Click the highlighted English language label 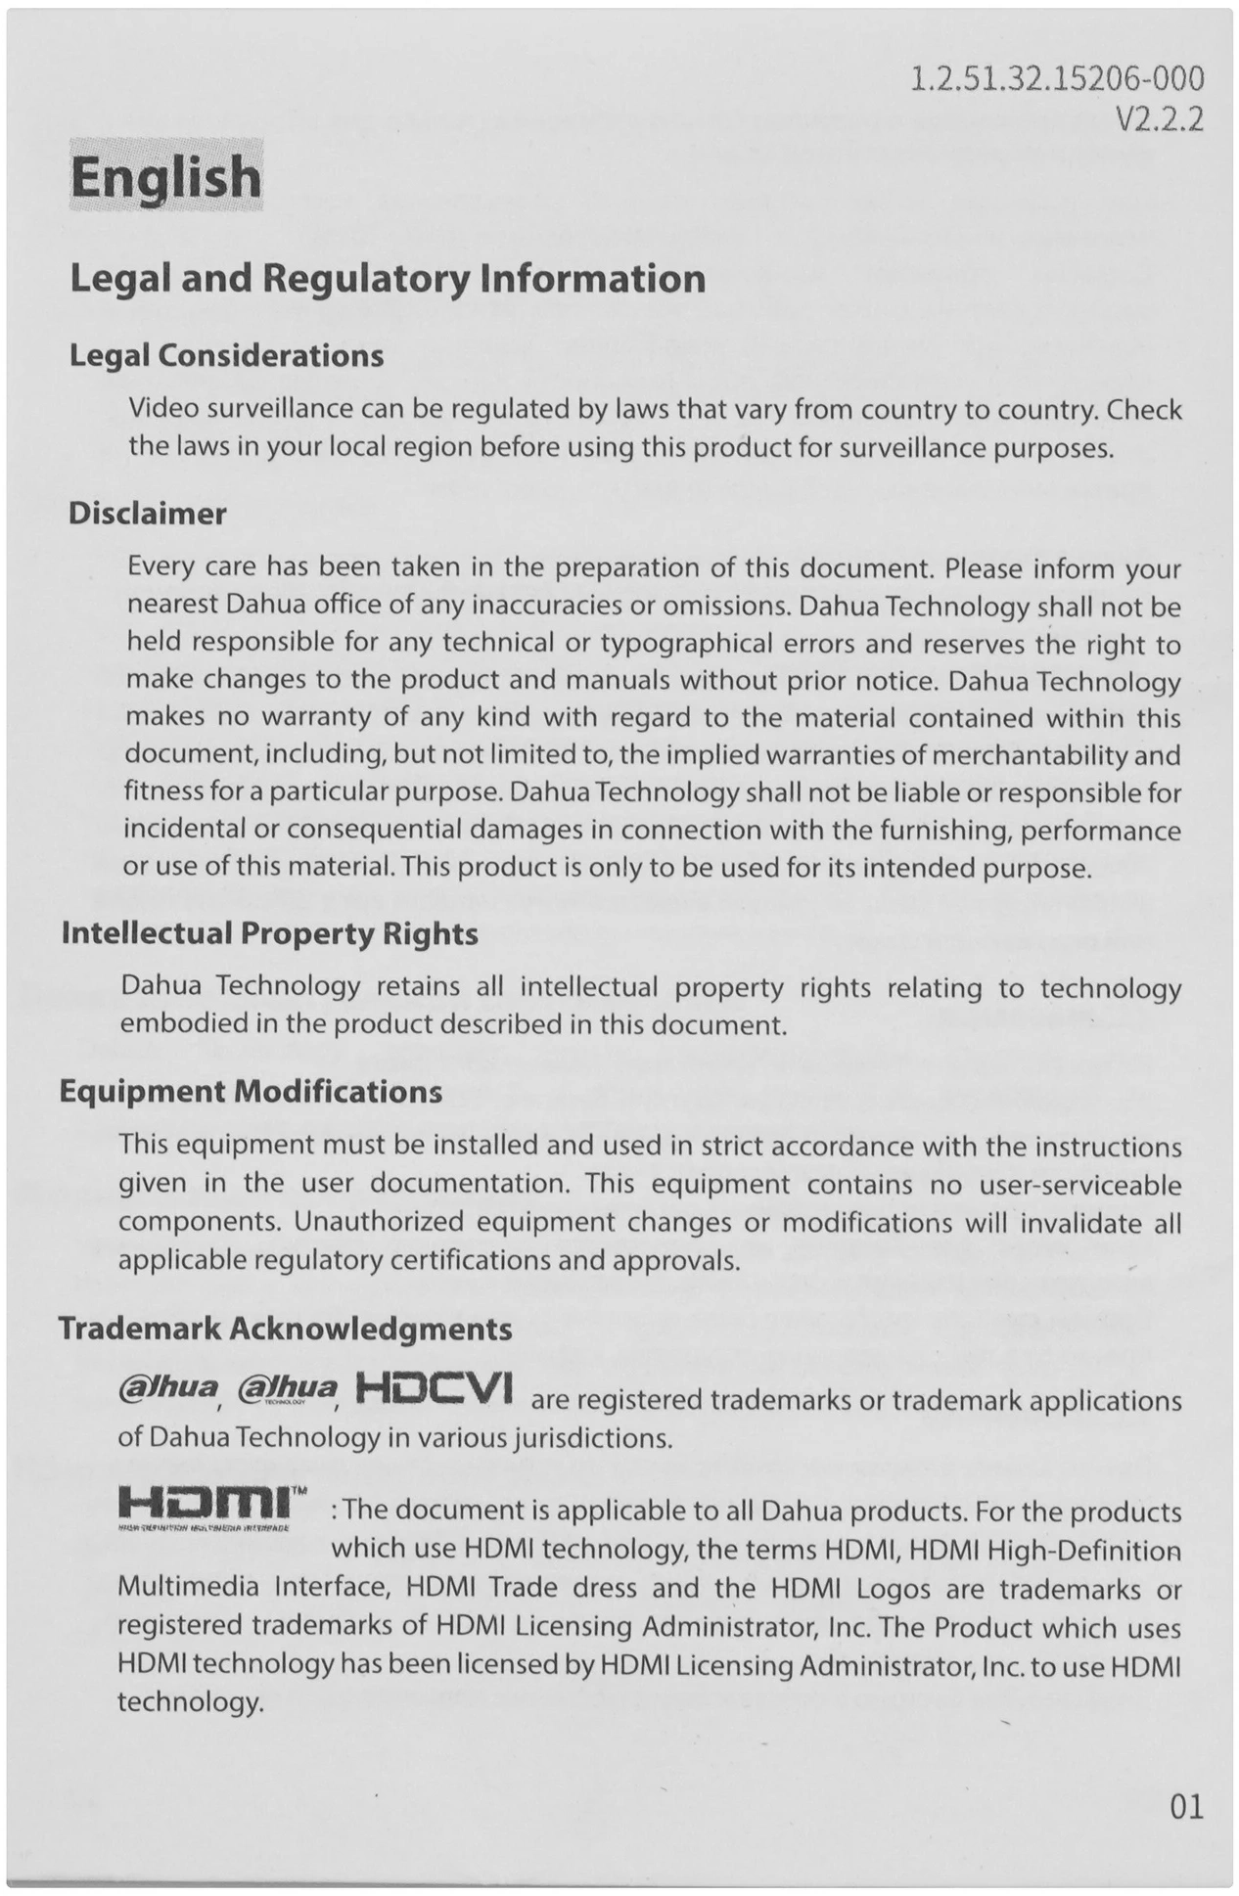[165, 177]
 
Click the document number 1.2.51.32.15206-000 [1056, 78]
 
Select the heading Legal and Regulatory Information [388, 279]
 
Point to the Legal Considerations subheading [226, 355]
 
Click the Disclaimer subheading [147, 514]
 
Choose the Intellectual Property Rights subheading [269, 933]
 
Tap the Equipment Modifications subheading [251, 1091]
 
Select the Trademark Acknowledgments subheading [285, 1329]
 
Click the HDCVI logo [435, 1389]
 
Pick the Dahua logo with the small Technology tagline [287, 1389]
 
